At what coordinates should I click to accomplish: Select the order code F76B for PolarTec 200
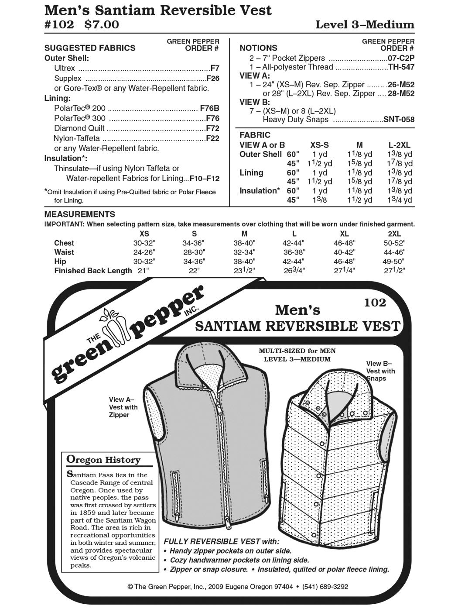(x=209, y=108)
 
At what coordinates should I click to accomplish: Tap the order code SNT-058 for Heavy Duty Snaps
(x=399, y=120)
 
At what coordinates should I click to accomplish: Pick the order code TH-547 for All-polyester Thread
(x=401, y=67)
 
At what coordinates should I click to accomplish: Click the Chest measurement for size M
(x=244, y=243)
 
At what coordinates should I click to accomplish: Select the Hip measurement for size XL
(x=345, y=261)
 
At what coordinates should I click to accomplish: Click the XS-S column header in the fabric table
(x=320, y=145)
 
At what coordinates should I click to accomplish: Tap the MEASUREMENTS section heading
(x=80, y=214)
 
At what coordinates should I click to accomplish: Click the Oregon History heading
(x=103, y=460)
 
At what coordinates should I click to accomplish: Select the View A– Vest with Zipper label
(x=123, y=407)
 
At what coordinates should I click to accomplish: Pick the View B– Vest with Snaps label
(x=380, y=371)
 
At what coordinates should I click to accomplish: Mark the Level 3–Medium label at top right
(x=365, y=25)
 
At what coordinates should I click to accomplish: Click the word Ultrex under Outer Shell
(x=65, y=69)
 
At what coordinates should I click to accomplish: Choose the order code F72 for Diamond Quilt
(x=212, y=128)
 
